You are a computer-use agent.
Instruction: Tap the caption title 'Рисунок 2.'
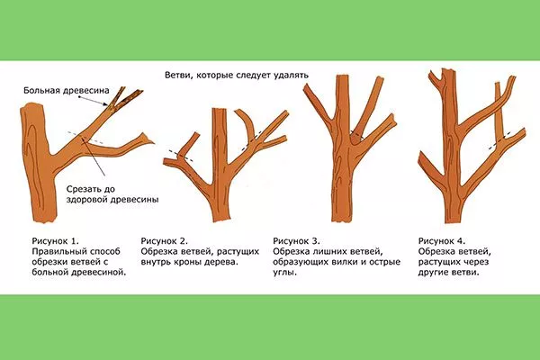click(x=165, y=241)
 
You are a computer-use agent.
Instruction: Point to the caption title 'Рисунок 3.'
click(x=295, y=241)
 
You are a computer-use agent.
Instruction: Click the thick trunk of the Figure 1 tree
click(x=39, y=171)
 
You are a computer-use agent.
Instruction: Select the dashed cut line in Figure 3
click(x=357, y=136)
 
